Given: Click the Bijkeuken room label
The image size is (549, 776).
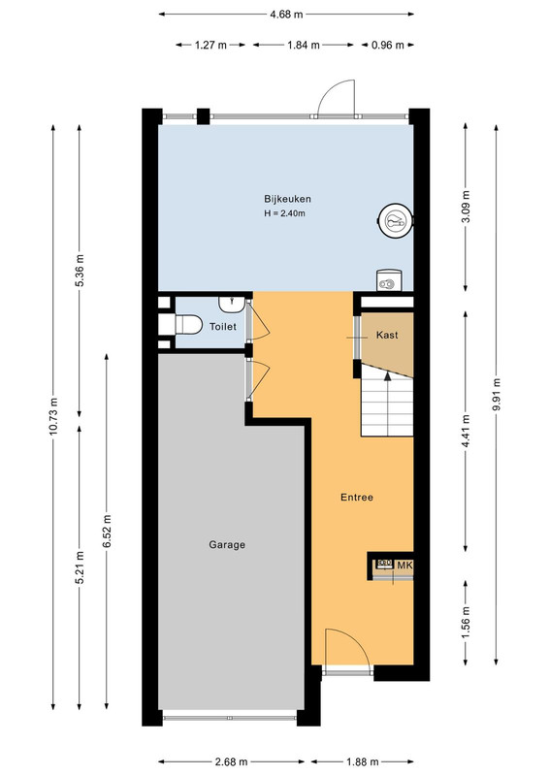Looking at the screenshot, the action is click(x=287, y=199).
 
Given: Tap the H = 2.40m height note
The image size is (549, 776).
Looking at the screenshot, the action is click(x=284, y=213).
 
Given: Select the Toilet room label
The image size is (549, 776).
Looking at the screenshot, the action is click(x=223, y=327).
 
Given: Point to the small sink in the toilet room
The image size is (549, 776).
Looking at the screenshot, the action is click(x=232, y=304).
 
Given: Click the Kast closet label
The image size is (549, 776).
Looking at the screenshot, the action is click(x=387, y=335).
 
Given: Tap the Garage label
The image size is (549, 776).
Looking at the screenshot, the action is click(x=227, y=545).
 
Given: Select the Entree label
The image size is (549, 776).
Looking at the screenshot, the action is click(x=356, y=498).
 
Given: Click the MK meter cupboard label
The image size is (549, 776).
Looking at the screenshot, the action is click(x=404, y=566).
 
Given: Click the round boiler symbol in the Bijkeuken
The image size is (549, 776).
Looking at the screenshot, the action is click(x=395, y=219).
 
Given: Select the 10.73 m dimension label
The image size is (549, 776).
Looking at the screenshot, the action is click(x=54, y=416).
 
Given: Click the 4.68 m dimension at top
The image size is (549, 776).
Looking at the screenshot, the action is click(x=286, y=15).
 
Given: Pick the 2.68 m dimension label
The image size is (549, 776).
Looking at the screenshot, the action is click(x=231, y=761).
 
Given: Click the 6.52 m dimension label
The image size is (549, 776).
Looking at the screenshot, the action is click(x=107, y=532).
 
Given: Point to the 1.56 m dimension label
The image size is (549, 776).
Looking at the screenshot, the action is click(x=466, y=622).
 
